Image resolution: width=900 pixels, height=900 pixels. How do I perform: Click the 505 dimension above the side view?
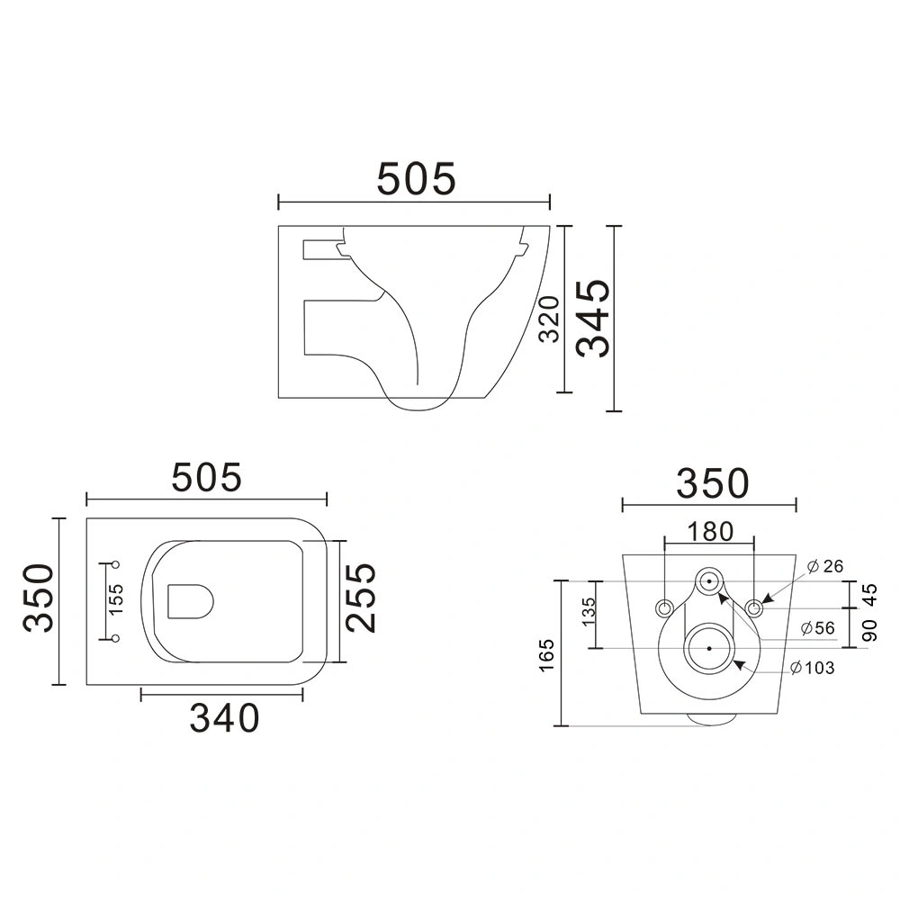[416, 178]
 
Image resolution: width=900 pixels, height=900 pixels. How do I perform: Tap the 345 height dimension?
[593, 318]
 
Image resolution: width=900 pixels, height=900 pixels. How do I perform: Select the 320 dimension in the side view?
[549, 319]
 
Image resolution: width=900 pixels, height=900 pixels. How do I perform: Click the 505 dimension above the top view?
[207, 478]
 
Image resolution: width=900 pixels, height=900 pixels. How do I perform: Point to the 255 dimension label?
[361, 598]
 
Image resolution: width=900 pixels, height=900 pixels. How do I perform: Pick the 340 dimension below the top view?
[224, 718]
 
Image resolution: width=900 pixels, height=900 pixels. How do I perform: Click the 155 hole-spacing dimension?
[116, 599]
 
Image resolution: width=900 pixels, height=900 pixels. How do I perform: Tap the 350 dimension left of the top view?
[39, 598]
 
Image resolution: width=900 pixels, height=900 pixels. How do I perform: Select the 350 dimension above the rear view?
[713, 483]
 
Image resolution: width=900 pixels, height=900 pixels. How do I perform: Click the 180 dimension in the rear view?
[710, 532]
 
